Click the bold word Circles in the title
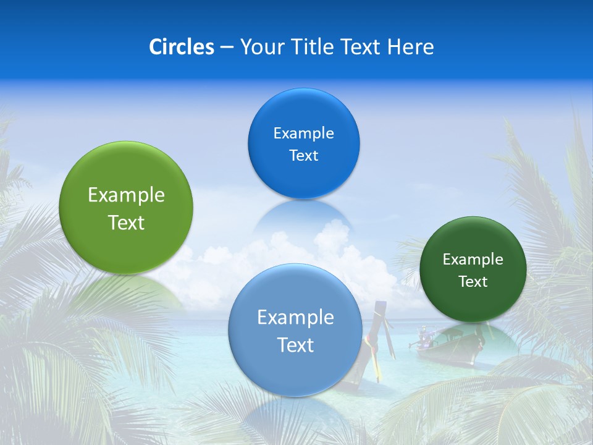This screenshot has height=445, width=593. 181,46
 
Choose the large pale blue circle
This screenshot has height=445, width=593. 295,371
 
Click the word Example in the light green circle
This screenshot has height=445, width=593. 126,195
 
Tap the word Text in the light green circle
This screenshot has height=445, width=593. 126,222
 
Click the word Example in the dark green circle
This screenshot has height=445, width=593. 473,260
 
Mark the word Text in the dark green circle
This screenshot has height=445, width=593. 473,282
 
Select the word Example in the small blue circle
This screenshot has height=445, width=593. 303,133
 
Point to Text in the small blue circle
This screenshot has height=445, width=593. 303,156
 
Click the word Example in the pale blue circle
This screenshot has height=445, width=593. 295,318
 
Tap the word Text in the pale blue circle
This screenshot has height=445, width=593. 295,345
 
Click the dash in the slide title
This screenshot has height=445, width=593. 226,48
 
